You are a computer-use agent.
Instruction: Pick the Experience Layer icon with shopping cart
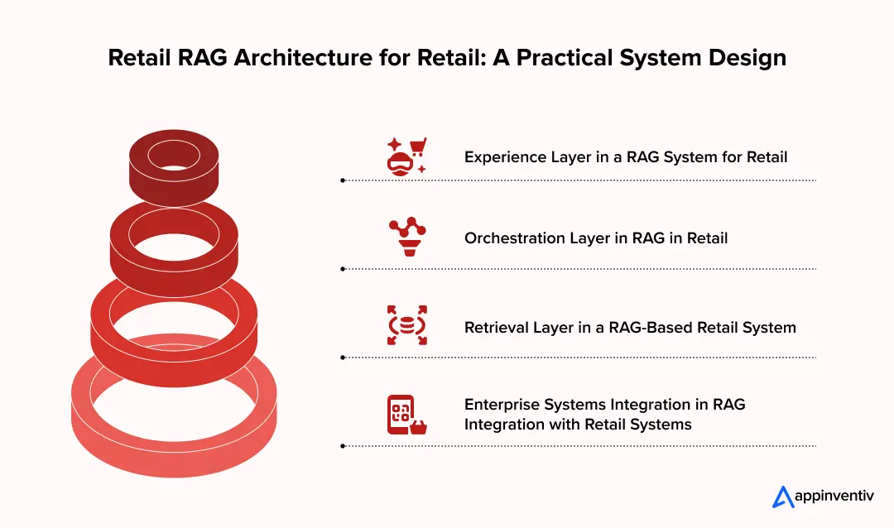(x=406, y=156)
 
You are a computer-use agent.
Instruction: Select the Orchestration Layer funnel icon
(x=406, y=238)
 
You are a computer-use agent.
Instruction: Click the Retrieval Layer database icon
(x=406, y=325)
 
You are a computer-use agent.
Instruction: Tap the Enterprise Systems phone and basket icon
(x=406, y=414)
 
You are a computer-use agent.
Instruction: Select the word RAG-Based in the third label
(x=639, y=328)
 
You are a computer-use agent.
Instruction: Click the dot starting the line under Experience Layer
(x=343, y=180)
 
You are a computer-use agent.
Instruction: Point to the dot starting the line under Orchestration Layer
(x=343, y=268)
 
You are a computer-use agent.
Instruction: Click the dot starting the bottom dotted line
(x=343, y=446)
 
